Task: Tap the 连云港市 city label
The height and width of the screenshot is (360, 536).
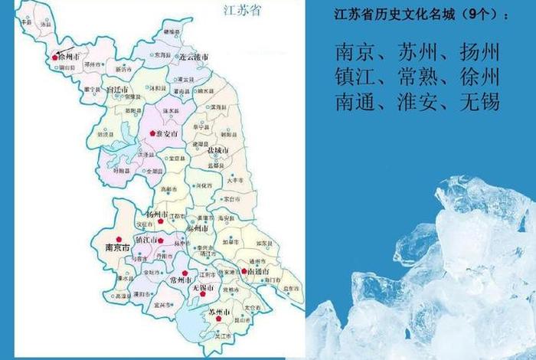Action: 193,57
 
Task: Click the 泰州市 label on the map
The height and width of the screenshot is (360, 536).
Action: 199,228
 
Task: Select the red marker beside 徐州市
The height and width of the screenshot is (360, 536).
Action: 54,57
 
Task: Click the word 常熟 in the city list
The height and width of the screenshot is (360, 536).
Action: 417,77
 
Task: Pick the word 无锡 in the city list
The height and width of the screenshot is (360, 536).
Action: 479,101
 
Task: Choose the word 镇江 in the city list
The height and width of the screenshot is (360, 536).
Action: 355,77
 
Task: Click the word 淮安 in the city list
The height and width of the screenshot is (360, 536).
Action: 417,101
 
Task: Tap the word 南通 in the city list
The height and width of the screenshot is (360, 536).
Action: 355,101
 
